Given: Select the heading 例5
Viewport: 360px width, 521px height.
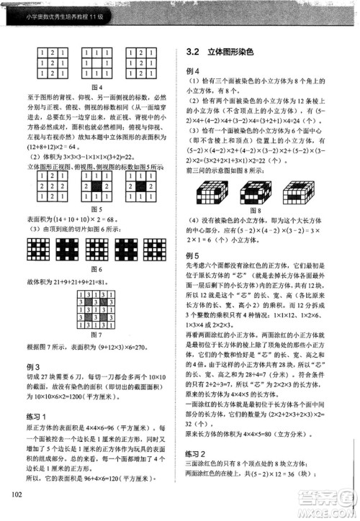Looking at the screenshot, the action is pyautogui.click(x=192, y=255).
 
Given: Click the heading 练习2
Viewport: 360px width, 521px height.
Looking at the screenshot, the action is pyautogui.click(x=196, y=453).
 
